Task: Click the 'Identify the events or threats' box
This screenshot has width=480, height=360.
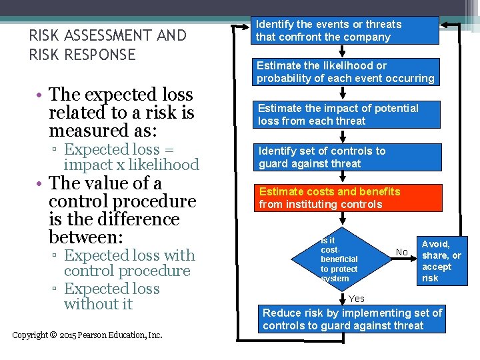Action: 345,31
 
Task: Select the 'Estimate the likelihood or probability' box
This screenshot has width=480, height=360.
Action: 345,72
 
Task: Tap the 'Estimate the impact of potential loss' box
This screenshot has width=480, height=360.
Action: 345,115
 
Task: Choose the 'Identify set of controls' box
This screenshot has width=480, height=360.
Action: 345,157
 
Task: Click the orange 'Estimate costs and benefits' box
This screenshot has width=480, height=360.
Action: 345,198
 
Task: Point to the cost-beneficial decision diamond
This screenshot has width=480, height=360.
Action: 347,259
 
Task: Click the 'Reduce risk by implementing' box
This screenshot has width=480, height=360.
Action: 352,319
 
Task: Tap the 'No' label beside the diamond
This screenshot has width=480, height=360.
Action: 401,252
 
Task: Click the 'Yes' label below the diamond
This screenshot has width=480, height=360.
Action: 357,299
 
